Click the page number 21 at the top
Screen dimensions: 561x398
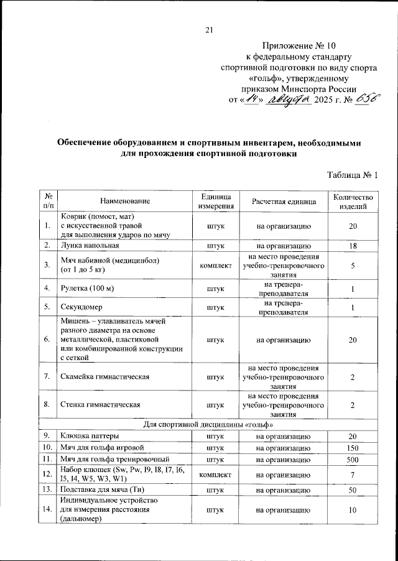click(x=209, y=30)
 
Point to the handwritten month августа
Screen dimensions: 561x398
click(x=288, y=100)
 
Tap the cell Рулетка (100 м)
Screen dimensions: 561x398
click(x=87, y=289)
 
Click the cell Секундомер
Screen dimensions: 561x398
click(x=82, y=307)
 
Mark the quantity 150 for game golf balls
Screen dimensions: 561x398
click(x=353, y=447)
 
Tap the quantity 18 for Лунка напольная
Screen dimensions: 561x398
click(x=353, y=246)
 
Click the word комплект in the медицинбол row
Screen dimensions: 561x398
click(x=216, y=266)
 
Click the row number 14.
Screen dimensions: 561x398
click(x=47, y=511)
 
